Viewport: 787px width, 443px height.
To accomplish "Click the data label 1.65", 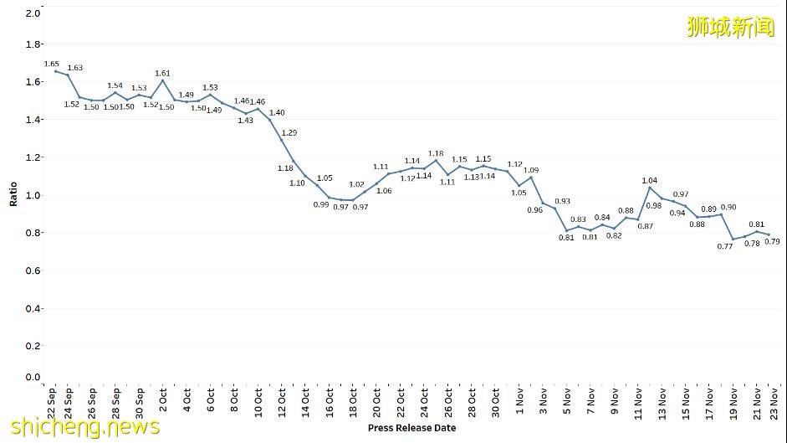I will (x=51, y=64).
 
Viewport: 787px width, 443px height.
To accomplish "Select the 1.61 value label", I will (x=162, y=73).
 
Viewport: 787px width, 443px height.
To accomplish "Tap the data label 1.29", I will (x=289, y=132).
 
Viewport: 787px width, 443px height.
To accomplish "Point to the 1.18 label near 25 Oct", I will (x=436, y=153).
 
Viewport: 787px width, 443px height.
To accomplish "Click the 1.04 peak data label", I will (x=650, y=180).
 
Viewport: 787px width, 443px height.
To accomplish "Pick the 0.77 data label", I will (x=725, y=246).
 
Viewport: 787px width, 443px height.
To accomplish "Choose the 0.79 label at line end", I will (x=772, y=241).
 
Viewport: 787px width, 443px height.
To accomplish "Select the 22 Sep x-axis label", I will (x=53, y=404).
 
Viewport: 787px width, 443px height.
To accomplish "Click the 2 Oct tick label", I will (x=163, y=401).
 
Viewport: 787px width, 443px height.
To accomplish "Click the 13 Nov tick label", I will (x=662, y=404).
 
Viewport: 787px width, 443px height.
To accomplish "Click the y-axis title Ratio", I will (x=13, y=195).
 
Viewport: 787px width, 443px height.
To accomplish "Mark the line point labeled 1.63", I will (x=67, y=75).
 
